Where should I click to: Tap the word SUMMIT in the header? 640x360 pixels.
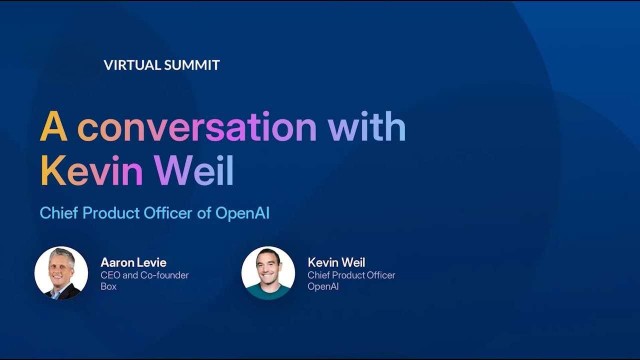click(191, 65)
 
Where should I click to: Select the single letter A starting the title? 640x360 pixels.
click(53, 128)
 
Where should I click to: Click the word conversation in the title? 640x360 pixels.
click(197, 128)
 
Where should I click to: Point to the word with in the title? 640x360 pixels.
click(367, 128)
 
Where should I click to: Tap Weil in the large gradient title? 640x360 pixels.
click(193, 170)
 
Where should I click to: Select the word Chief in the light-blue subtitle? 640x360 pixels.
click(59, 213)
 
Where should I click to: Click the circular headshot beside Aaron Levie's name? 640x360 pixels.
click(61, 273)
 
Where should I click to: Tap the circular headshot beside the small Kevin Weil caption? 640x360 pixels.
click(268, 273)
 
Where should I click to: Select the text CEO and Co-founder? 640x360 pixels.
click(144, 275)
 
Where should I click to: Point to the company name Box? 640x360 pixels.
click(109, 287)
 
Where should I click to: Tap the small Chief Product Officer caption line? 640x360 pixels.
click(351, 275)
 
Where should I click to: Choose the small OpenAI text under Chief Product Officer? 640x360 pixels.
click(324, 287)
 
